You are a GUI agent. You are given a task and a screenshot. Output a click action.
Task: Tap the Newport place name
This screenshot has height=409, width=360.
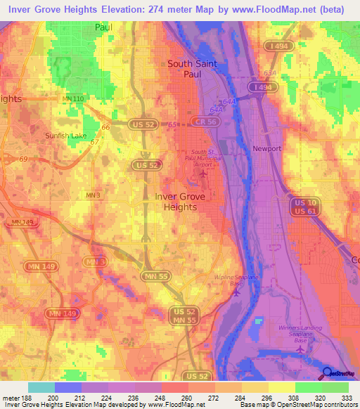tap(266, 149)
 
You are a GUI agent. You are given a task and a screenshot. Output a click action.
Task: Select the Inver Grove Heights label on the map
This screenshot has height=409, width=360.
tap(180, 202)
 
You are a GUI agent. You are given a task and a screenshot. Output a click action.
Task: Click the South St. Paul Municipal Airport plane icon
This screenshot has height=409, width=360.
tap(204, 173)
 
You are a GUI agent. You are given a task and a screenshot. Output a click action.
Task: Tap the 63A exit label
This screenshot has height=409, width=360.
tap(268, 72)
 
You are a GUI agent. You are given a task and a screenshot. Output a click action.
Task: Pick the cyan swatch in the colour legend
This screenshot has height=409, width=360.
tap(41, 387)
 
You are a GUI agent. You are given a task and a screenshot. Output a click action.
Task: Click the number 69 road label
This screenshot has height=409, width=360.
tap(22, 160)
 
